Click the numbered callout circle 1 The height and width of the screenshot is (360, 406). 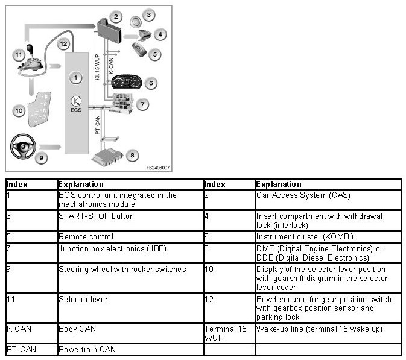point(75,77)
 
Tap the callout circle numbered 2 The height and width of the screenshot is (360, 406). point(116,17)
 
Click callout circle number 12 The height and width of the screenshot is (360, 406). point(64,43)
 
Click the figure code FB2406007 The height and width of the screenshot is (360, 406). point(157,168)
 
